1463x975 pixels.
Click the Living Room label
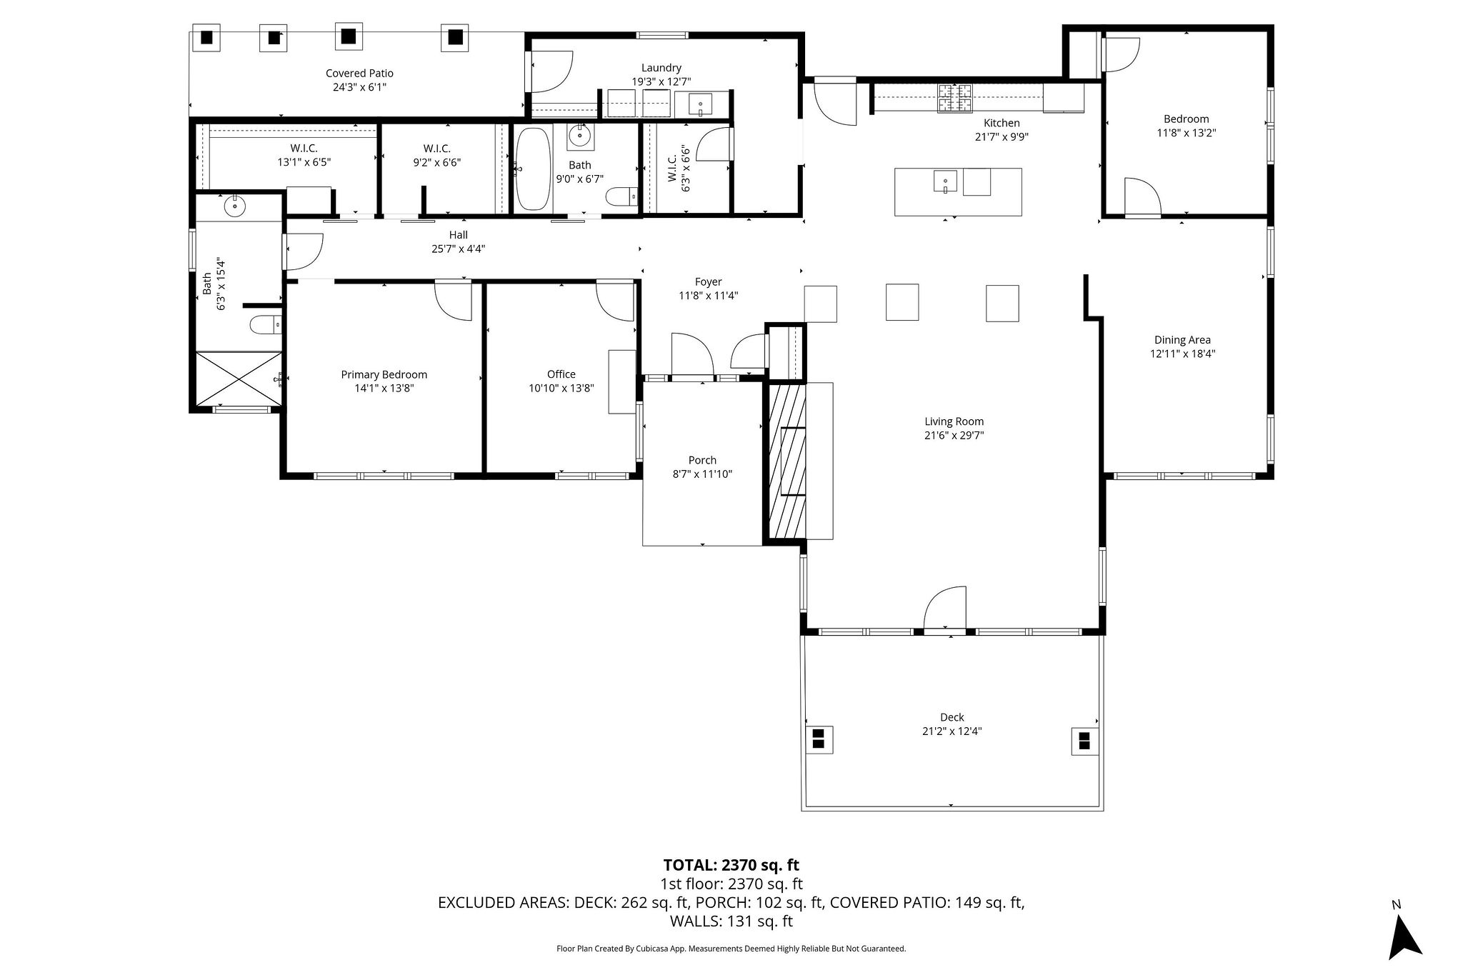[x=954, y=421]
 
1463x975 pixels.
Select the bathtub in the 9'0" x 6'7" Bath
[x=532, y=169]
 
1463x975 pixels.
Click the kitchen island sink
[x=944, y=181]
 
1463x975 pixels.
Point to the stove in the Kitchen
[x=955, y=98]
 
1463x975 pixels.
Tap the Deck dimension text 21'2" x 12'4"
[x=952, y=731]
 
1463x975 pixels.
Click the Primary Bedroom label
[x=384, y=374]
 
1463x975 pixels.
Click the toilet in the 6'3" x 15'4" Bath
[x=264, y=325]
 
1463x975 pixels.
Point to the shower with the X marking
[x=238, y=379]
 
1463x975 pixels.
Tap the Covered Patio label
[x=359, y=73]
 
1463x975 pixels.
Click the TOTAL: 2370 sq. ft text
[x=731, y=865]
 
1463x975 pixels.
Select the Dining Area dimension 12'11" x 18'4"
[x=1182, y=354]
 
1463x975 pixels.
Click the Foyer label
[x=708, y=282]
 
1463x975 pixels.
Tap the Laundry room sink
[x=700, y=104]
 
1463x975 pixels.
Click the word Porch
[x=702, y=460]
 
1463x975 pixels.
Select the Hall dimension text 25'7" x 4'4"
[x=458, y=249]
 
